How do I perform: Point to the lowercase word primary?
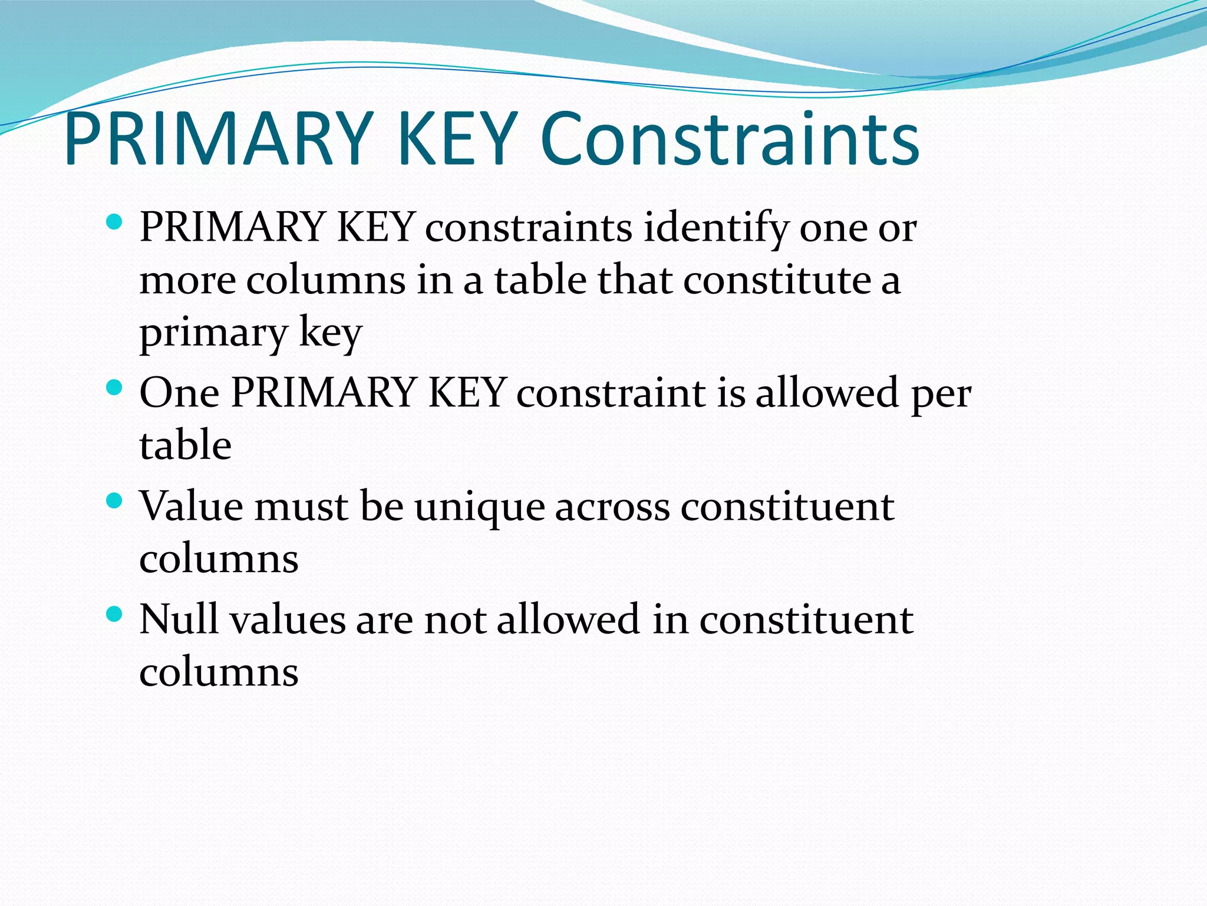(213, 334)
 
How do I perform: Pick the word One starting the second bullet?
(179, 393)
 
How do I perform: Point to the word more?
(187, 281)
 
